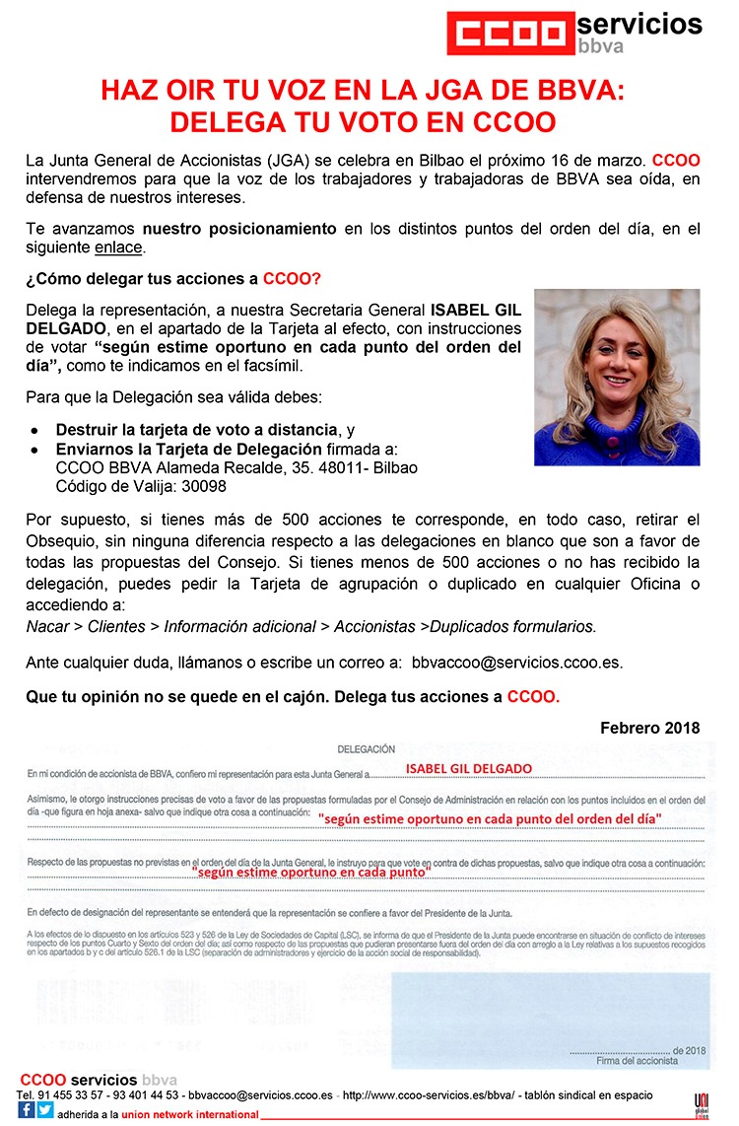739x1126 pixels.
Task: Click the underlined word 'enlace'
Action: pyautogui.click(x=119, y=247)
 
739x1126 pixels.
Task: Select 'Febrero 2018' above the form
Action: pyautogui.click(x=650, y=728)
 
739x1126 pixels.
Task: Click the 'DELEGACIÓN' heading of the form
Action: pyautogui.click(x=366, y=749)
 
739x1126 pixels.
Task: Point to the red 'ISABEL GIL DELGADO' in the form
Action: pyautogui.click(x=469, y=769)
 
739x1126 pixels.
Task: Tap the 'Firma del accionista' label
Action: pyautogui.click(x=637, y=1061)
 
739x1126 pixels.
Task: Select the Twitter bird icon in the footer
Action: pyautogui.click(x=45, y=1110)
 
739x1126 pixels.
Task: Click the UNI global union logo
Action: pyautogui.click(x=702, y=1103)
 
